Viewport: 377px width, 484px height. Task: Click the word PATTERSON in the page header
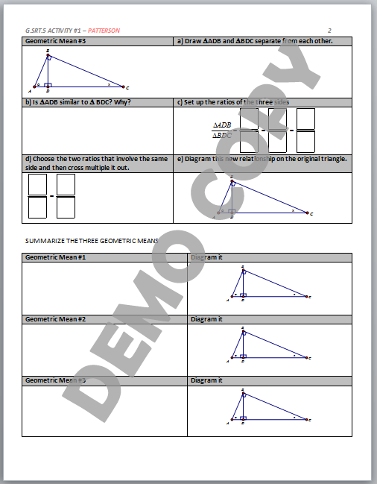(x=104, y=31)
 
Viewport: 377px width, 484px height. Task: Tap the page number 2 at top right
(x=329, y=31)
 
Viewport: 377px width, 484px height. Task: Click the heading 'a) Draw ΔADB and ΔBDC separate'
(x=254, y=41)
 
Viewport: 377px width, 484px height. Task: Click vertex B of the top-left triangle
(x=48, y=53)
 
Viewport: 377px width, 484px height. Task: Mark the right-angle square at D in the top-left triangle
(x=48, y=85)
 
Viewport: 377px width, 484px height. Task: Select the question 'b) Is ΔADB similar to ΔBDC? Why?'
(x=78, y=102)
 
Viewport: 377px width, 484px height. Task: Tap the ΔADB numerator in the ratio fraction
(x=222, y=125)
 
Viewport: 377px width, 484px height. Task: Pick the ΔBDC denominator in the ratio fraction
(x=222, y=136)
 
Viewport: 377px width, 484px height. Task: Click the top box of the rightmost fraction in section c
(x=305, y=119)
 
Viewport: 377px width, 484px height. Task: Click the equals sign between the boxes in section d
(x=51, y=196)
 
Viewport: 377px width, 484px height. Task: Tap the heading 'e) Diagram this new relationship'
(x=262, y=158)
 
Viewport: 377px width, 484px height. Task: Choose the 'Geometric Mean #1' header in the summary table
(x=56, y=257)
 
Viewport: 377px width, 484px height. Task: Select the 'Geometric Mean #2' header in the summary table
(x=56, y=319)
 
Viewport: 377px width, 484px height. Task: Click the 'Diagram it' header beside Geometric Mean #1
(x=207, y=257)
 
